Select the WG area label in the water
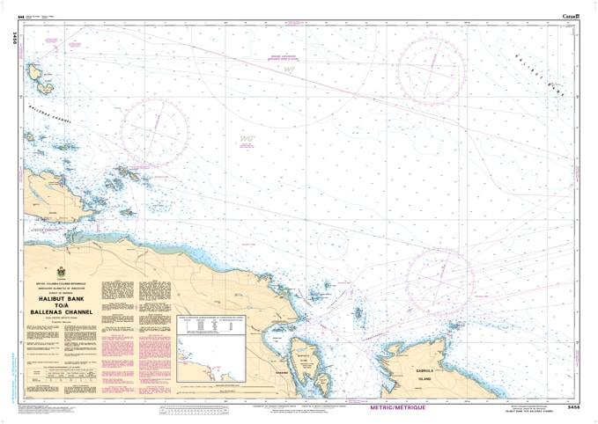pos(248,138)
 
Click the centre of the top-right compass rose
pos(431,70)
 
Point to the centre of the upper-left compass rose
pos(154,132)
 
